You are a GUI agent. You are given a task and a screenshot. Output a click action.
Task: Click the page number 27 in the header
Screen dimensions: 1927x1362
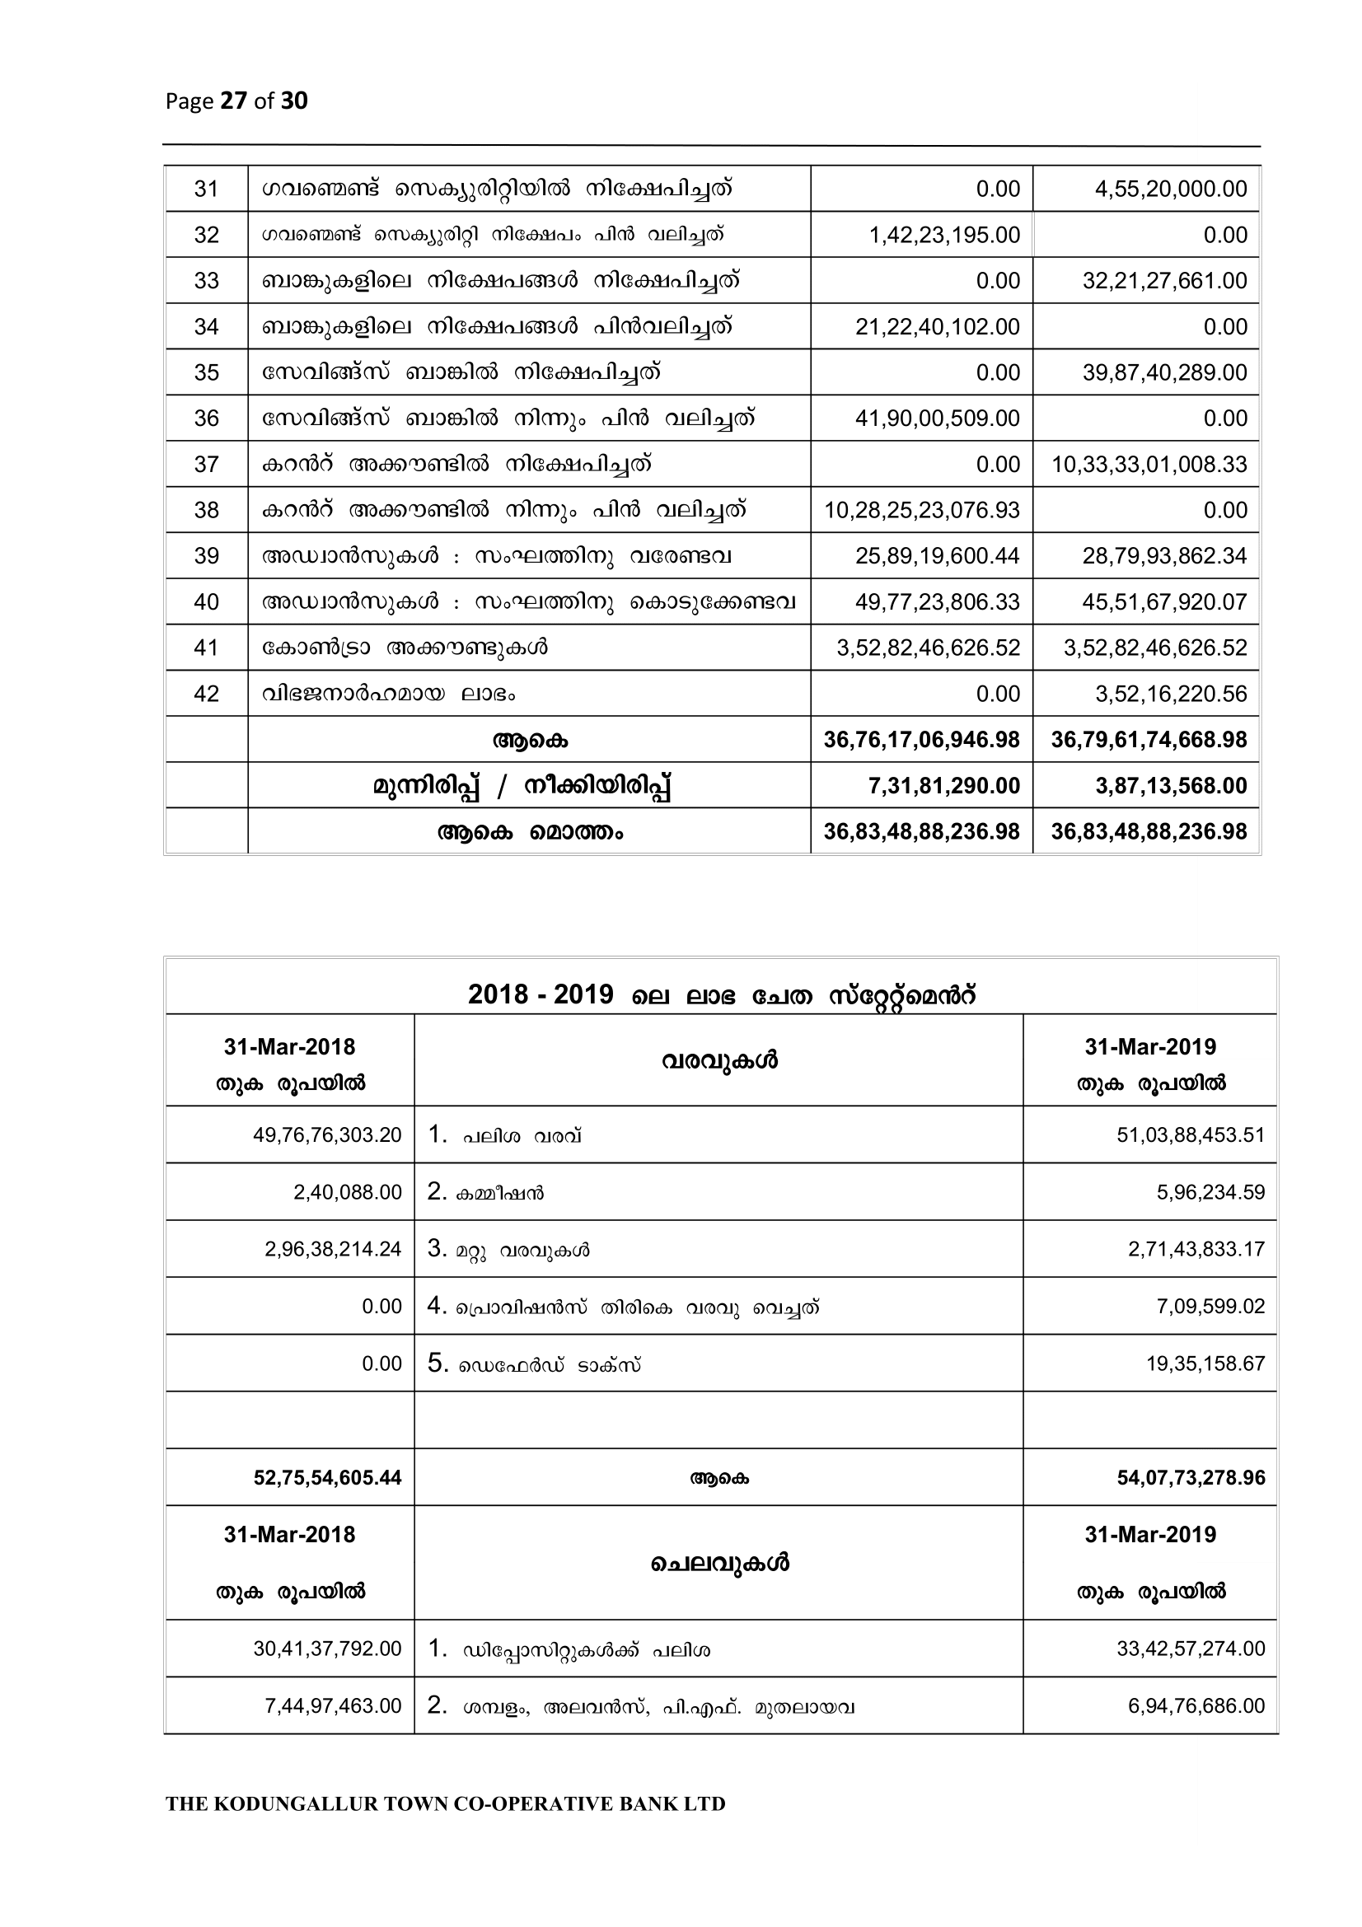(232, 101)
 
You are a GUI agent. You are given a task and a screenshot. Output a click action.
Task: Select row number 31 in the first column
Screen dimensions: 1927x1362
(207, 189)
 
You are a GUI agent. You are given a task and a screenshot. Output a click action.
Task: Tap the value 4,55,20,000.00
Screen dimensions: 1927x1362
(1171, 189)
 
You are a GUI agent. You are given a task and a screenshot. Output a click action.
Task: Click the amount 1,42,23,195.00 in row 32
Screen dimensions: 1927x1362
(944, 235)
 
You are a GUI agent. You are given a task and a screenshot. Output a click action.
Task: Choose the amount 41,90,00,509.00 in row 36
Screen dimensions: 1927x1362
(938, 418)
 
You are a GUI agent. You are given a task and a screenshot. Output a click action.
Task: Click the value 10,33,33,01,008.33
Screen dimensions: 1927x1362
(1149, 464)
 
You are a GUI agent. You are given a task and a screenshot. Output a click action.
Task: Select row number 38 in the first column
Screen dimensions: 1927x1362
(207, 510)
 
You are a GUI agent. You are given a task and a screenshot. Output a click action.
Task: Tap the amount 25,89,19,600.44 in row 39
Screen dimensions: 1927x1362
(938, 555)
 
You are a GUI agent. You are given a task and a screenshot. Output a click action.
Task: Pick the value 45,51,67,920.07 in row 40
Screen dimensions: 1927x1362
(1164, 601)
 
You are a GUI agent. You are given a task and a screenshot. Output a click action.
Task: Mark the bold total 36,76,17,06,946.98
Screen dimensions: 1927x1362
(921, 739)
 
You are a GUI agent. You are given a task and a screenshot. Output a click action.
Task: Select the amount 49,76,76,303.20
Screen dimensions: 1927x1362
(327, 1135)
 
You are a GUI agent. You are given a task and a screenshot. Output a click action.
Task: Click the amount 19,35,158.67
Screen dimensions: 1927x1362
(1205, 1363)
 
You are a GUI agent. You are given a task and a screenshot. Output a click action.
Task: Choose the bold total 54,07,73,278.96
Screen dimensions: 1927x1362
(1191, 1478)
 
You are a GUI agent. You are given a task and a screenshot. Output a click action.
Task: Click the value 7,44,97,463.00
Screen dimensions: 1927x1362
(333, 1706)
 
